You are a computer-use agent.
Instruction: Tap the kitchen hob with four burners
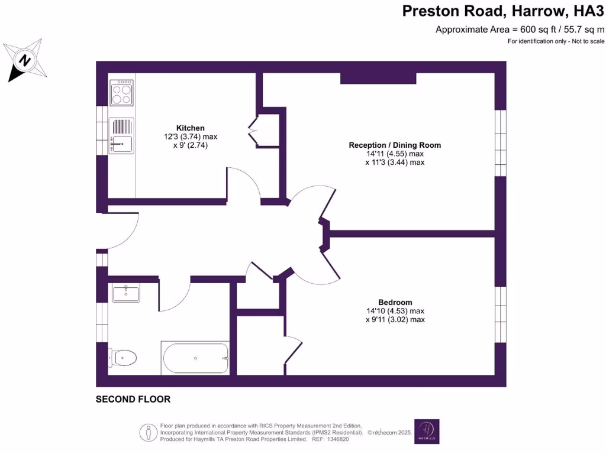122,92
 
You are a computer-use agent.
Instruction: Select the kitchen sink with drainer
122,135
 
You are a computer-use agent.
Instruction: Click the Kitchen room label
190,128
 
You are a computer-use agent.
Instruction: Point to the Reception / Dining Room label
395,145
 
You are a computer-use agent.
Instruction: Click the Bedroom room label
395,301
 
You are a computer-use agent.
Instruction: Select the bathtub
195,358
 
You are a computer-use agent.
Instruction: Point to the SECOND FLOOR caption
133,400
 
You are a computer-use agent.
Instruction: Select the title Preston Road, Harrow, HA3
504,11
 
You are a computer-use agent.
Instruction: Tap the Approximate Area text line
520,29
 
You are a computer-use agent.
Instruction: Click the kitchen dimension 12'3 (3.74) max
191,137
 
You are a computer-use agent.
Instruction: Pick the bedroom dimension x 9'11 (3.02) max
395,320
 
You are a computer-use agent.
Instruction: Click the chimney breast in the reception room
378,79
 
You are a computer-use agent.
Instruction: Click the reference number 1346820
338,439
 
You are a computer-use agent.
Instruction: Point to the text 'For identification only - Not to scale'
556,41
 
